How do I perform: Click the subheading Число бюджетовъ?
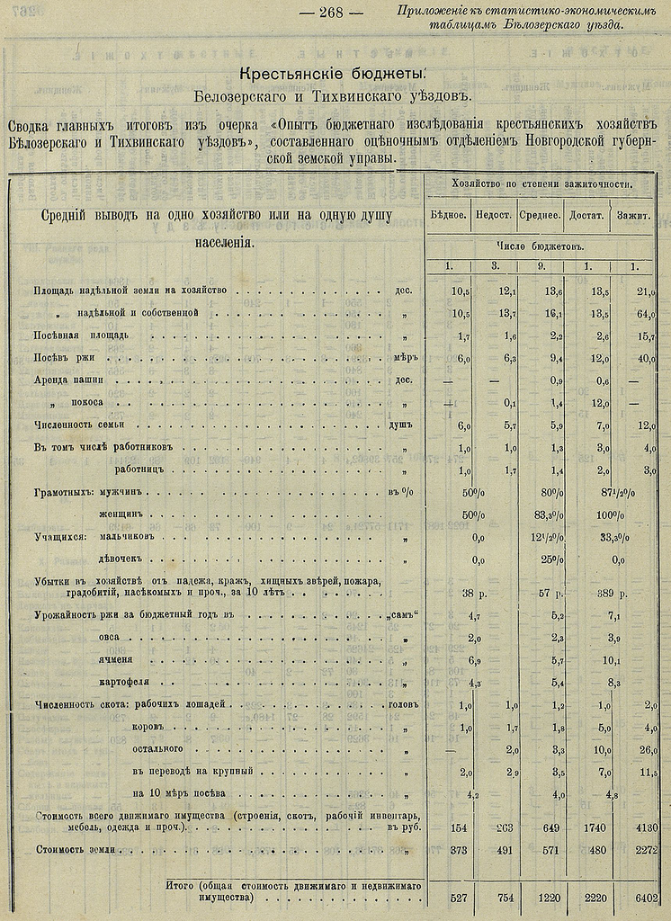541,245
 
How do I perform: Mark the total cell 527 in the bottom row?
460,897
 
